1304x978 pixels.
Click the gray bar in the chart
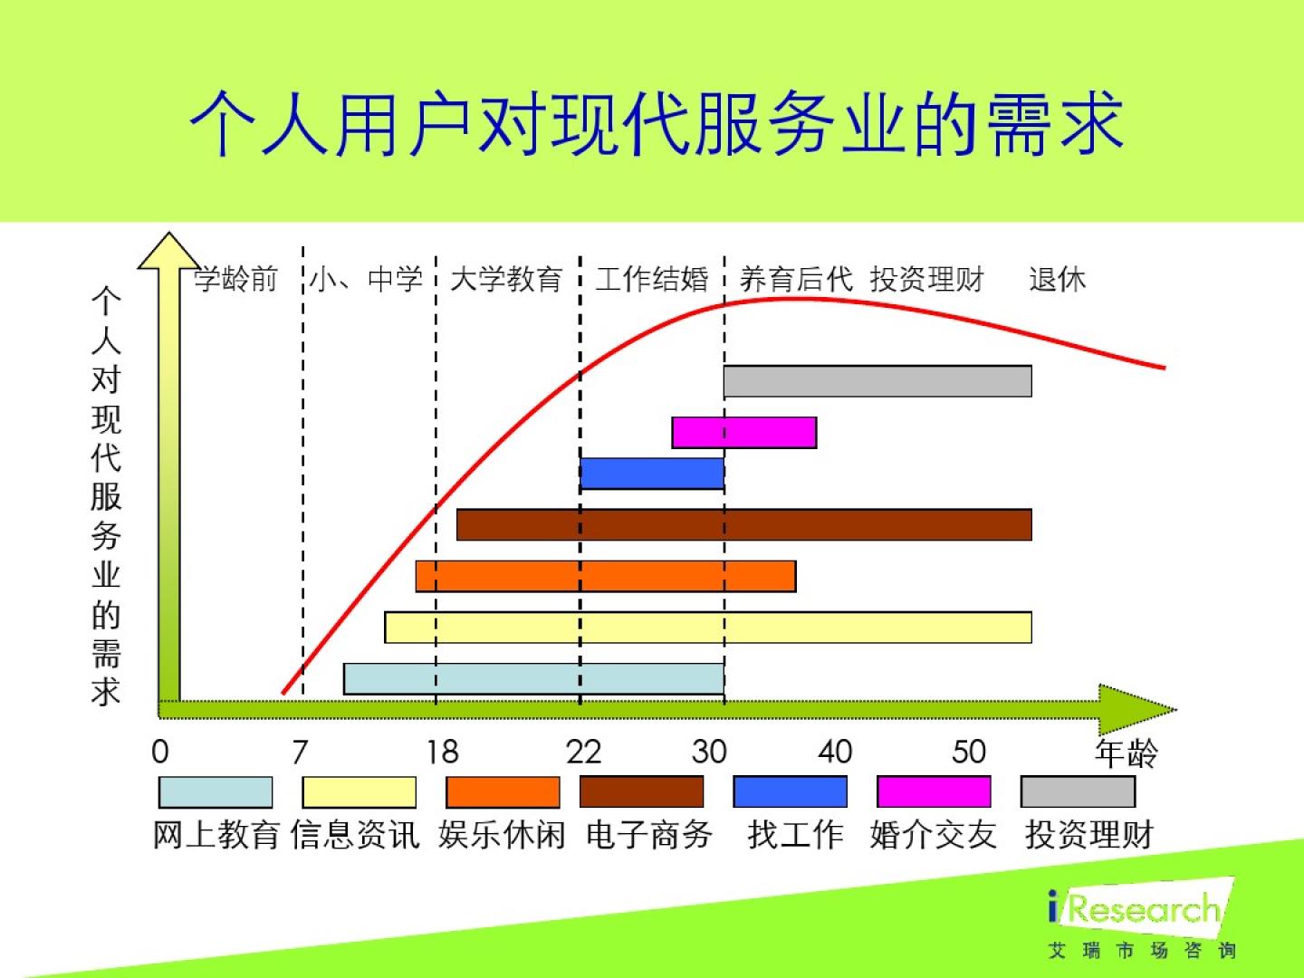[x=877, y=380]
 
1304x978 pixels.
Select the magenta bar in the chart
[x=743, y=432]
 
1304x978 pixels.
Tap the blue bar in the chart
[x=652, y=474]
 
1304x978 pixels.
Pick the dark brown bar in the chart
[x=743, y=524]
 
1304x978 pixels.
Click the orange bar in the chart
[x=606, y=576]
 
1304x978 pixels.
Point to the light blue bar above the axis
[x=533, y=679]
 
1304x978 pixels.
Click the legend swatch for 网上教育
[x=215, y=792]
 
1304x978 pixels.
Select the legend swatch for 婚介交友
[x=934, y=791]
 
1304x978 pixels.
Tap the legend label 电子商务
[x=648, y=835]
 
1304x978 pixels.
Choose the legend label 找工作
[x=795, y=835]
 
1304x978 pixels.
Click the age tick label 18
[x=443, y=752]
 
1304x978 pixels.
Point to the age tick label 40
[x=835, y=752]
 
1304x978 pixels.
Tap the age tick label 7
[x=300, y=752]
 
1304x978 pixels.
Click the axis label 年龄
[x=1127, y=753]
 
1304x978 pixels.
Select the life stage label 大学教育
[x=506, y=279]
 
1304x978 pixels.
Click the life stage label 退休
[x=1058, y=279]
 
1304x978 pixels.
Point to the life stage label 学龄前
[x=235, y=279]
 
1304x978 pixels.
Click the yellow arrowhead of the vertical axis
[x=168, y=251]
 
